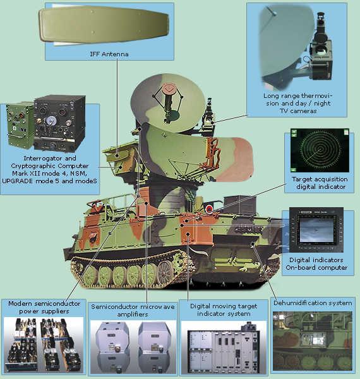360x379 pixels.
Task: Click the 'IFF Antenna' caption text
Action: point(109,54)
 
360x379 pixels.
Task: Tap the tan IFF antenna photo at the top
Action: point(104,26)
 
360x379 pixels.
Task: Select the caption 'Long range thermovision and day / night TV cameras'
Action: point(298,103)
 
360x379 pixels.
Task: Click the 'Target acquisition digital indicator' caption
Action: point(320,183)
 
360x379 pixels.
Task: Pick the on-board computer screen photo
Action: point(316,230)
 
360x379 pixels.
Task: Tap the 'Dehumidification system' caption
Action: point(313,303)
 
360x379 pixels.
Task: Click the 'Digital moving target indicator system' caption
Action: point(224,310)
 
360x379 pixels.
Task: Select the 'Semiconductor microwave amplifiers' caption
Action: point(133,310)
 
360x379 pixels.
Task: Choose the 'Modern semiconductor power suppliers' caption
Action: point(44,307)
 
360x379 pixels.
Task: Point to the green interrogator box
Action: point(20,126)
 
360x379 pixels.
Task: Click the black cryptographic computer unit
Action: point(59,123)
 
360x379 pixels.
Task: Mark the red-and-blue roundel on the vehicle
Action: point(209,208)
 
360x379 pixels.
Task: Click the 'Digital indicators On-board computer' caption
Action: point(316,263)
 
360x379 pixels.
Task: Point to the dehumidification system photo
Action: point(312,341)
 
